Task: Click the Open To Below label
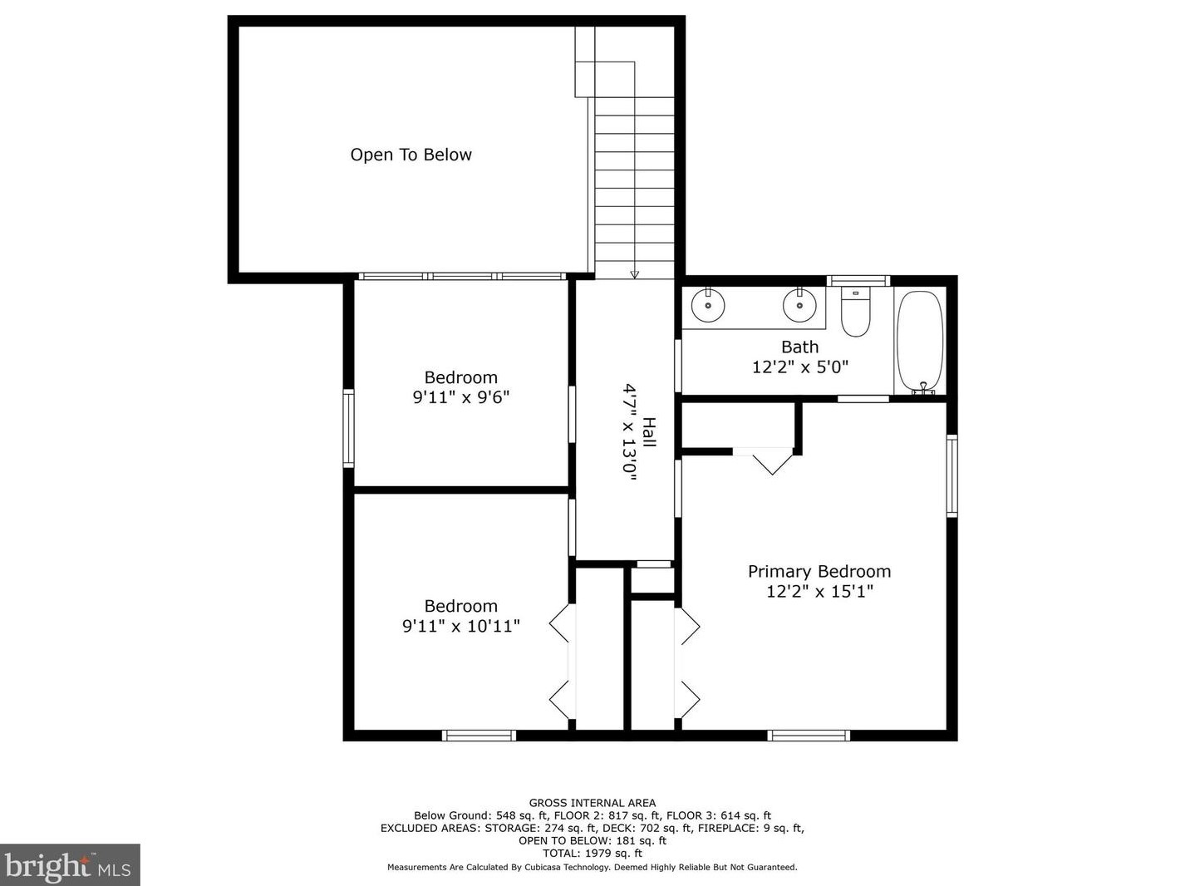[x=411, y=155]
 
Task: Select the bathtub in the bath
[x=920, y=342]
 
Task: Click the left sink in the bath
[x=708, y=305]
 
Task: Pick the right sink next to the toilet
[x=799, y=305]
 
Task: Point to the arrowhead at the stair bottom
[x=635, y=274]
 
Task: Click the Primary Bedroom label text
[x=819, y=571]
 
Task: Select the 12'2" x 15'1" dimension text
[x=819, y=592]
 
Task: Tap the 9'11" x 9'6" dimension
[x=461, y=397]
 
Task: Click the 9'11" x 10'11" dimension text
[x=461, y=627]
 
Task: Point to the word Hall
[x=650, y=432]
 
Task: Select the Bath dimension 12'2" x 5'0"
[x=800, y=367]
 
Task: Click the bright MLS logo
[x=69, y=865]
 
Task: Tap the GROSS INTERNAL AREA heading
[x=592, y=803]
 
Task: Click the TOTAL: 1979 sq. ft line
[x=592, y=853]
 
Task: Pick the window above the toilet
[x=858, y=281]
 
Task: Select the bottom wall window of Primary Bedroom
[x=809, y=736]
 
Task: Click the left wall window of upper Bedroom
[x=349, y=429]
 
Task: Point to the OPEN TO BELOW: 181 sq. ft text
[x=592, y=840]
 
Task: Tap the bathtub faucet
[x=924, y=388]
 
